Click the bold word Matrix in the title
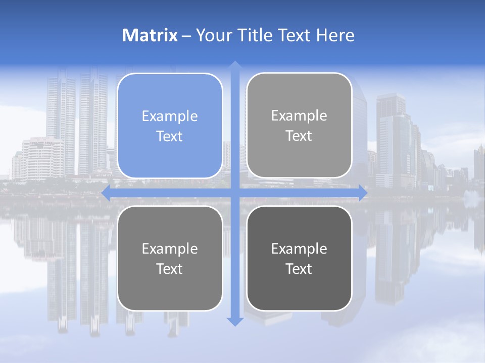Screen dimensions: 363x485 coord(150,35)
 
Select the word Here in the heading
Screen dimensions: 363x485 coord(335,35)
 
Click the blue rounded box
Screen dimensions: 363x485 coord(170,126)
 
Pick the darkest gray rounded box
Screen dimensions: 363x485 coord(299,259)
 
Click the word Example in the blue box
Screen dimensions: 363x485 coord(170,116)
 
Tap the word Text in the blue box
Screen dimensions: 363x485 coord(170,137)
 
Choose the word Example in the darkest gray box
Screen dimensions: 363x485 coord(299,249)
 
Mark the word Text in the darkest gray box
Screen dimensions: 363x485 coord(299,269)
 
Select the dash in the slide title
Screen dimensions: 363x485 coord(186,36)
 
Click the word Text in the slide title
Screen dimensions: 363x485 coord(293,35)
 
